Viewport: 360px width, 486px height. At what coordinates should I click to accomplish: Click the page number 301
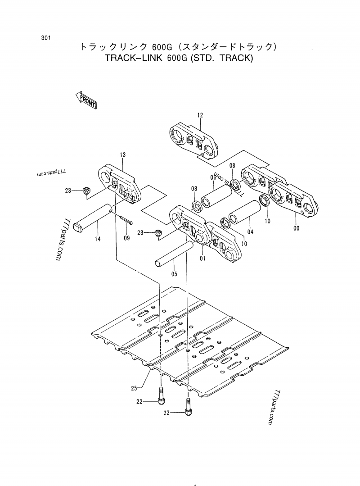tap(45, 38)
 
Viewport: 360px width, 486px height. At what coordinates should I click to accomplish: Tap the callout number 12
tap(200, 115)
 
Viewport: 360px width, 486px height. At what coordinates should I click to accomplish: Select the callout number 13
tap(122, 155)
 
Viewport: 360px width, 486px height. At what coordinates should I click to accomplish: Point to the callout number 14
tap(98, 239)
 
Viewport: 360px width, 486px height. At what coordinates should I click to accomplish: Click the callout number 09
tap(126, 238)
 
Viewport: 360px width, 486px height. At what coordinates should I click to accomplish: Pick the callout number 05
tap(174, 273)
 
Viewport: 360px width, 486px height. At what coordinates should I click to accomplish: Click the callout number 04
tap(250, 232)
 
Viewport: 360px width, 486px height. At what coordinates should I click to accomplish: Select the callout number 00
tap(296, 228)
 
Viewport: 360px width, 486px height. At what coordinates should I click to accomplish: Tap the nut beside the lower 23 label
tap(158, 233)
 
